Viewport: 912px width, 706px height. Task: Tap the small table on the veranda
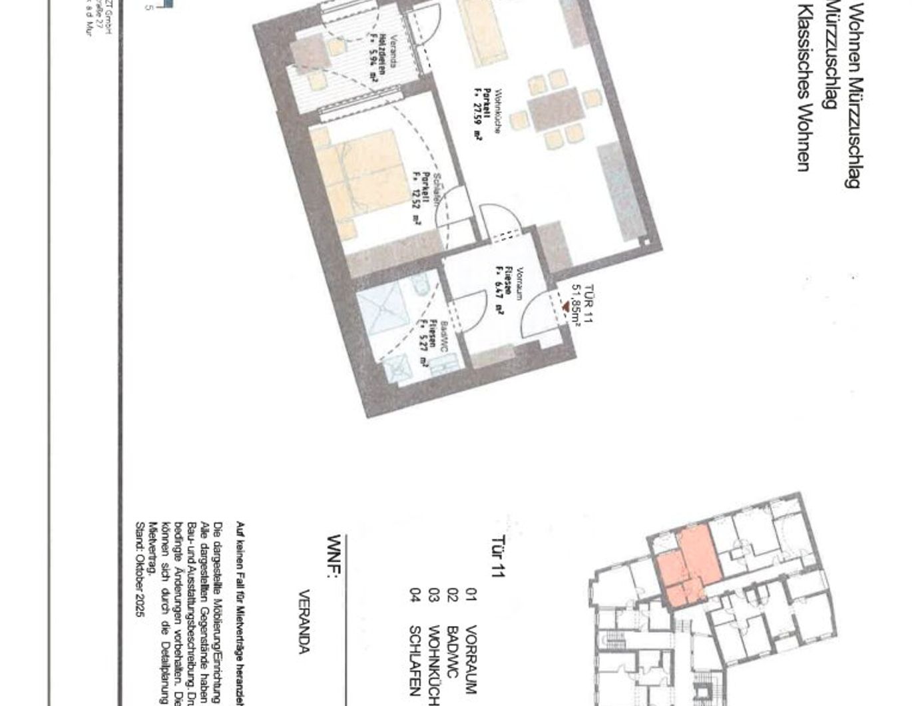coord(308,51)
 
